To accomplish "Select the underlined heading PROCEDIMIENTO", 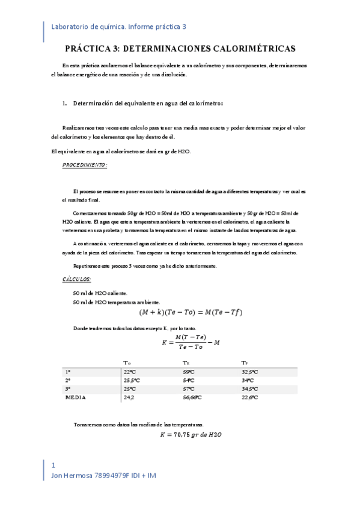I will point(85,164).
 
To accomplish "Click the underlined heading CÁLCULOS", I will point(77,280).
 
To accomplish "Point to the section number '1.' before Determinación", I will point(64,103).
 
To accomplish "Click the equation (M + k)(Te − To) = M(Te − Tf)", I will point(191,312).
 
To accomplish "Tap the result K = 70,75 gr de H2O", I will point(191,434).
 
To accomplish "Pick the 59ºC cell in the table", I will point(189,372).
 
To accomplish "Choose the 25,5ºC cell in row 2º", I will point(132,381).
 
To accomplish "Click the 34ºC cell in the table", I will point(248,381).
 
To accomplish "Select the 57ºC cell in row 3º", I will point(189,389).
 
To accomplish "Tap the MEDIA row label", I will point(76,398).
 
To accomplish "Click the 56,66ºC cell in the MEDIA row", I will point(192,398).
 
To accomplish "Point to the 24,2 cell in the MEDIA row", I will point(129,398).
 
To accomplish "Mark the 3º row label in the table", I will point(68,389).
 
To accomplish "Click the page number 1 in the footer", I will point(53,465).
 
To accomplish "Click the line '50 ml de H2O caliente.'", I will point(100,293).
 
